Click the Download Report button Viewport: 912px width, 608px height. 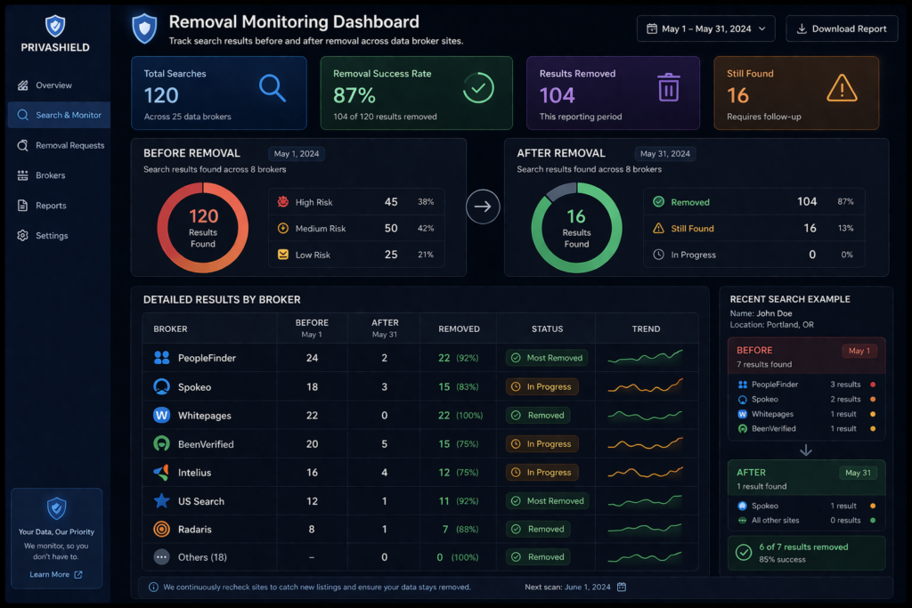click(x=842, y=28)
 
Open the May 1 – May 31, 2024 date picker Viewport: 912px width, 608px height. click(x=705, y=28)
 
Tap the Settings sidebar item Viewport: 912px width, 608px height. click(x=52, y=236)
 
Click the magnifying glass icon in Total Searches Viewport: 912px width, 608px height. click(x=272, y=87)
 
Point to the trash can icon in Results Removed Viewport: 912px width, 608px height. click(x=668, y=87)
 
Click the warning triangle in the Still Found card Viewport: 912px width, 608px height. click(x=841, y=87)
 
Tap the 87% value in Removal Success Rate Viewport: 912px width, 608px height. click(x=354, y=95)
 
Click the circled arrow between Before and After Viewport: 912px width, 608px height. click(x=483, y=207)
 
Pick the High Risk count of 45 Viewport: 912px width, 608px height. click(x=391, y=202)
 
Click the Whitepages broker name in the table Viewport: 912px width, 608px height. click(x=206, y=416)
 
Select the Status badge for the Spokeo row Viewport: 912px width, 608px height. click(x=542, y=387)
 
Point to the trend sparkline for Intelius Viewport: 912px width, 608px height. click(x=645, y=472)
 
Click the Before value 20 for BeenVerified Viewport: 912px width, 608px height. click(x=312, y=444)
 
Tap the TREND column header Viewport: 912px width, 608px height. click(x=646, y=328)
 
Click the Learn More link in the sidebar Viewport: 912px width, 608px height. click(x=55, y=574)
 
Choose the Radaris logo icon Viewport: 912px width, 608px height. click(x=161, y=529)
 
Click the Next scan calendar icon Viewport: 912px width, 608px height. click(x=622, y=587)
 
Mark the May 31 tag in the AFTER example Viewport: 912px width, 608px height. click(x=859, y=473)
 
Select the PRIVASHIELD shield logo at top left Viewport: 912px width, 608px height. click(x=54, y=26)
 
